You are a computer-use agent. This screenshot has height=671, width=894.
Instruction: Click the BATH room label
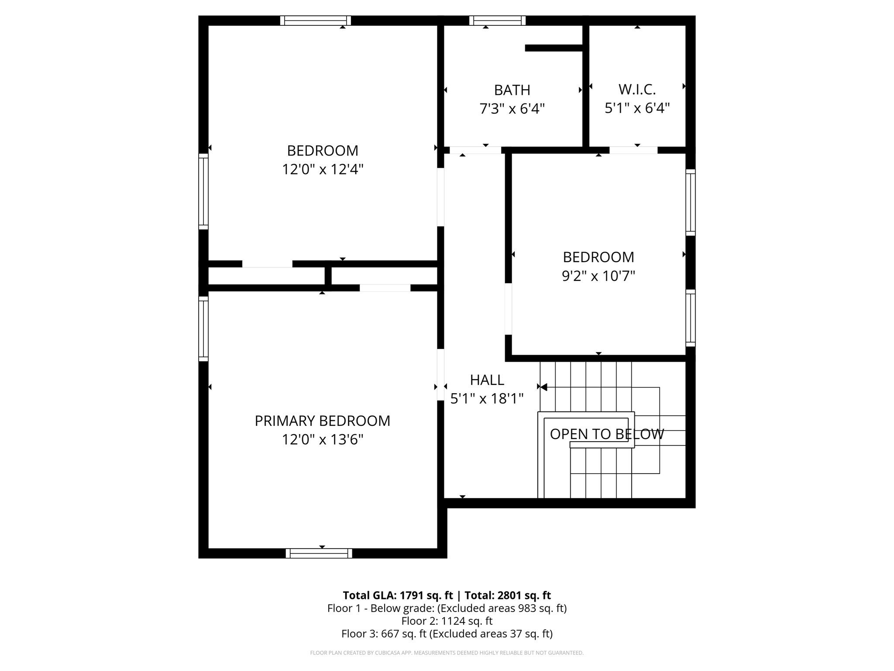click(512, 90)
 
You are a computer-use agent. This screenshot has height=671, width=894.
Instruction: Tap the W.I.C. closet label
click(637, 90)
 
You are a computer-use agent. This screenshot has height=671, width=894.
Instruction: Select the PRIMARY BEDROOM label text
click(322, 421)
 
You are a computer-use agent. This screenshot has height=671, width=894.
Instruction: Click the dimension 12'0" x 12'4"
click(322, 169)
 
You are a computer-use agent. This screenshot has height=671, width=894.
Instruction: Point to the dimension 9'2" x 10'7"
click(598, 276)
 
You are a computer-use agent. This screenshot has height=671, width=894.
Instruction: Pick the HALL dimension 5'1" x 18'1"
click(487, 398)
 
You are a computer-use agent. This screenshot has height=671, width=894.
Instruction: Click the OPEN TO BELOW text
click(606, 434)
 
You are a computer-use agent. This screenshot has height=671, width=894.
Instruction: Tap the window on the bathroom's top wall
click(497, 21)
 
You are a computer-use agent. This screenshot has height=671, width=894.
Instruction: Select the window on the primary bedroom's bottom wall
click(319, 553)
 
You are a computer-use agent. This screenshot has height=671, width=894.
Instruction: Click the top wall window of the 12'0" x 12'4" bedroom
click(315, 21)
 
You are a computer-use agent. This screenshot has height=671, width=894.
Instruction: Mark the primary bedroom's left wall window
click(203, 329)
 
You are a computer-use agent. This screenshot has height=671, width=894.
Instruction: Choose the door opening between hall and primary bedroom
click(440, 374)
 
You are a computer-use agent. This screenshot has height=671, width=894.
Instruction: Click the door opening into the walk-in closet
click(633, 150)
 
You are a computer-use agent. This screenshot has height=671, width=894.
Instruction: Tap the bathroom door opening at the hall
click(475, 150)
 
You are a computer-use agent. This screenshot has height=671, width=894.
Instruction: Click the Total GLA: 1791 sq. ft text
click(397, 595)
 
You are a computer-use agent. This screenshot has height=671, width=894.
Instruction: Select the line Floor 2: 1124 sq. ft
click(447, 621)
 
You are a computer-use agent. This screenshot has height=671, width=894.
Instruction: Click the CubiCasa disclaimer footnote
click(447, 653)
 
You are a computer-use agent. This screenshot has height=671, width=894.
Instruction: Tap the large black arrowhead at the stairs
click(543, 387)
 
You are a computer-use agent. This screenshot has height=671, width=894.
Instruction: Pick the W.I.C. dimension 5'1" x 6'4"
click(637, 108)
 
